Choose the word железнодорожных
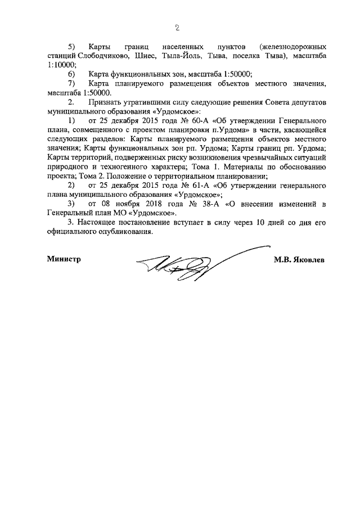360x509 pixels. (x=295, y=48)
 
